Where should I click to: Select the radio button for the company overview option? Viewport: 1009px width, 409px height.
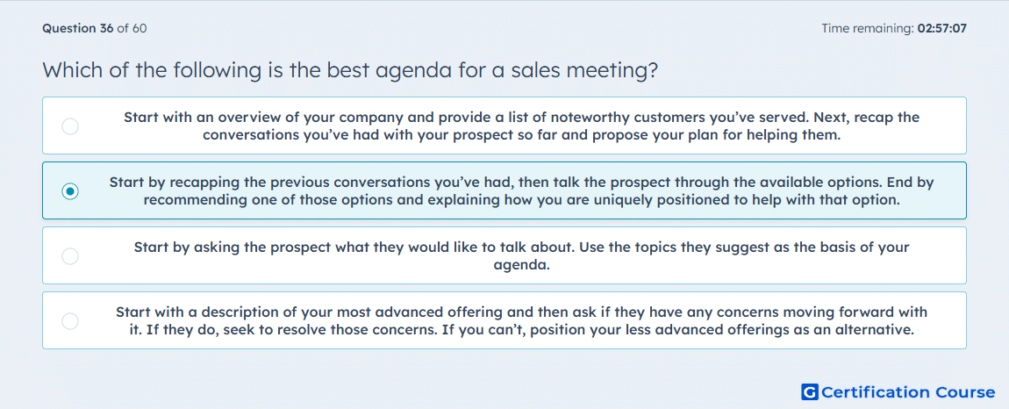pos(70,126)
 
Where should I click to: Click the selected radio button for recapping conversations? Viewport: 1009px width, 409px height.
pos(70,191)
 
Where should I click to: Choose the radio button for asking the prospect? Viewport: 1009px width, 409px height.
pos(70,256)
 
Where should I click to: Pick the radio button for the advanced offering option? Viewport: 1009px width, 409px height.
pos(70,320)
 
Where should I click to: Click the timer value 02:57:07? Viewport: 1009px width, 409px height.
pos(942,28)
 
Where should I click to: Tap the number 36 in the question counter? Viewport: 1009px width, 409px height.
pos(107,28)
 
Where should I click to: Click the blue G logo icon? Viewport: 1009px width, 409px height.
pos(810,391)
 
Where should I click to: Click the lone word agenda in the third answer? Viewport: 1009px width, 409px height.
pos(522,265)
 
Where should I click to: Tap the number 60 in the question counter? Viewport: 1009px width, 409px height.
pos(140,28)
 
